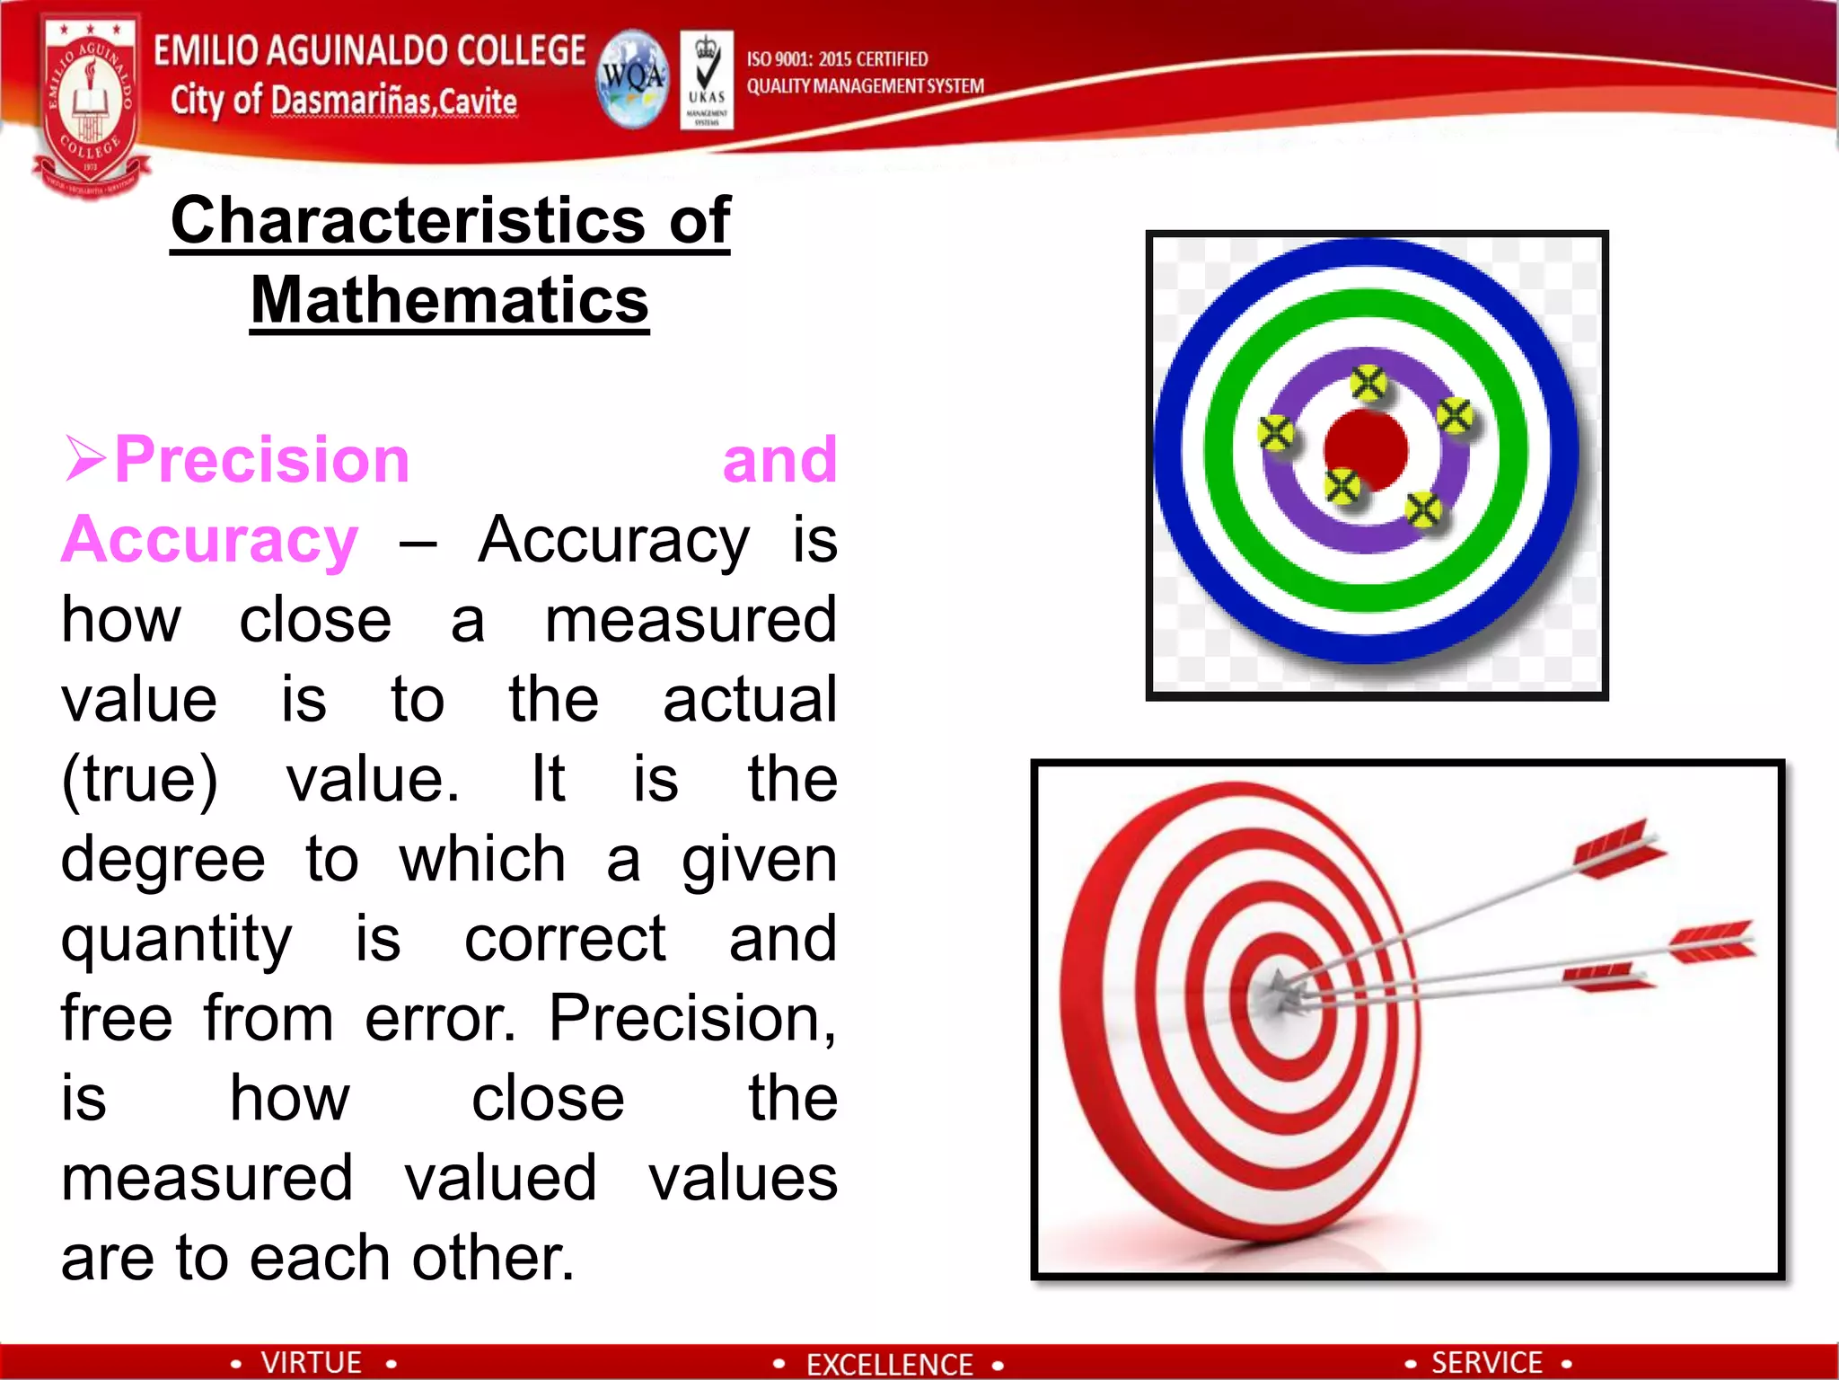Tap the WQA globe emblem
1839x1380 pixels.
pyautogui.click(x=633, y=78)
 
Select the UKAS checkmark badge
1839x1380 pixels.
pyautogui.click(x=707, y=79)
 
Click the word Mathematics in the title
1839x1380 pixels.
pyautogui.click(x=449, y=300)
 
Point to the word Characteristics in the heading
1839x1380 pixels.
pyautogui.click(x=408, y=220)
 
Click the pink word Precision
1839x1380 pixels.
pyautogui.click(x=261, y=460)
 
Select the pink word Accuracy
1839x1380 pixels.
pyautogui.click(x=210, y=540)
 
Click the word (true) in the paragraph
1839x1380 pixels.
pyautogui.click(x=139, y=779)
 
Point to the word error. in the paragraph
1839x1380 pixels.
pyautogui.click(x=440, y=1019)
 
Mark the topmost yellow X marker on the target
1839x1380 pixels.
pyautogui.click(x=1368, y=384)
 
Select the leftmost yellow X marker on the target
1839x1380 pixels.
pyautogui.click(x=1275, y=434)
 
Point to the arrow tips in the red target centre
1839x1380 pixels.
pyautogui.click(x=1280, y=994)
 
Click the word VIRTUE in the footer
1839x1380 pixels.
pyautogui.click(x=311, y=1362)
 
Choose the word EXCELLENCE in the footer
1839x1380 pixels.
pyautogui.click(x=889, y=1364)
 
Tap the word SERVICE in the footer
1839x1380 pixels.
pyautogui.click(x=1486, y=1362)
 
